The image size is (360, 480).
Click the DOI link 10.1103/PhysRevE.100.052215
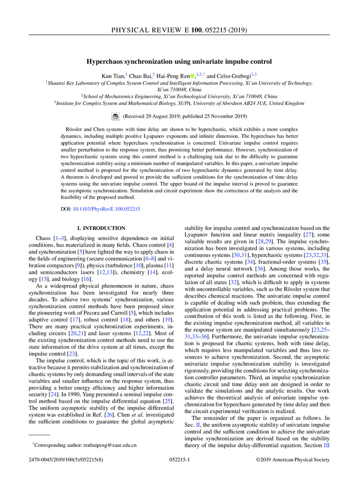(x=107, y=209)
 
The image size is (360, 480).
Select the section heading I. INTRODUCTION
(x=98, y=228)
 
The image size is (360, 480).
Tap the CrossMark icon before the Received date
(x=115, y=116)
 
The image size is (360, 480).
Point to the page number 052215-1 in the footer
(x=180, y=459)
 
